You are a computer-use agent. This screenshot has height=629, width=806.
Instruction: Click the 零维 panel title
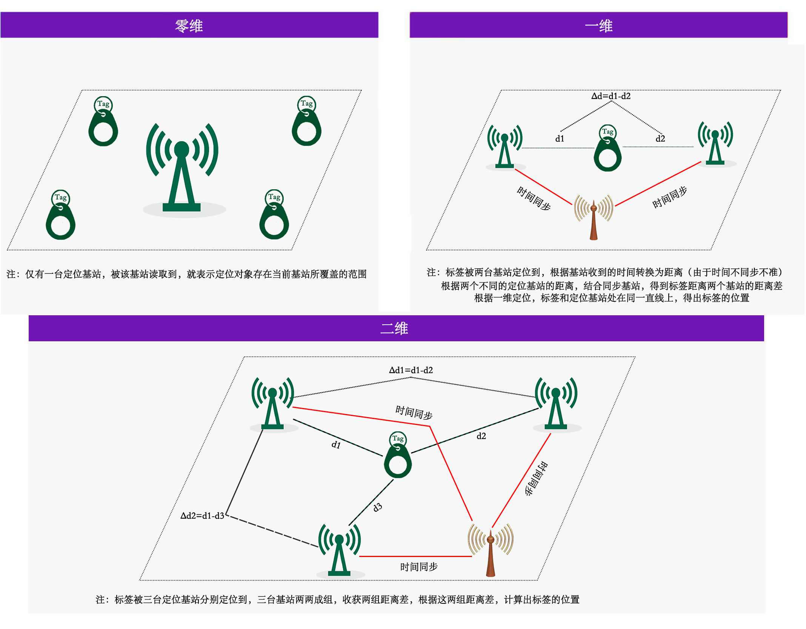(x=189, y=26)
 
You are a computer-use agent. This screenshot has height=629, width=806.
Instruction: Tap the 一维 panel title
(x=598, y=26)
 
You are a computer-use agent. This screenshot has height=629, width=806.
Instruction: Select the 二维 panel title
(x=394, y=328)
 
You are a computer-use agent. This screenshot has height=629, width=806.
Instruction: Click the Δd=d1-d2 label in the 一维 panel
(x=611, y=96)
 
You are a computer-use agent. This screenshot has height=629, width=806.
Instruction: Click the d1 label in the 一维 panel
(x=560, y=139)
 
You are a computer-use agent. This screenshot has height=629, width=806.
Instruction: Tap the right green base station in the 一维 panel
(x=715, y=143)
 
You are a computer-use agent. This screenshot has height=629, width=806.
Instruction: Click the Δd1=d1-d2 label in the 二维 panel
(x=411, y=370)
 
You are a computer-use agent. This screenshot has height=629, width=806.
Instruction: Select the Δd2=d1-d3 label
(x=202, y=515)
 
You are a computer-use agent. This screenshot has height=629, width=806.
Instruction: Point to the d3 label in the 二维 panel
(x=377, y=507)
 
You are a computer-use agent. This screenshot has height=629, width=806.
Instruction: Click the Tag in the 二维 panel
(x=398, y=455)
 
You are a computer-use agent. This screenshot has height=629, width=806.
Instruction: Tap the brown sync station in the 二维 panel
(x=491, y=550)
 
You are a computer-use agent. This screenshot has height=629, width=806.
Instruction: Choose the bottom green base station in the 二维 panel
(x=339, y=550)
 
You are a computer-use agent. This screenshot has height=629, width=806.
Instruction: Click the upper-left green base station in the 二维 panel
(x=272, y=403)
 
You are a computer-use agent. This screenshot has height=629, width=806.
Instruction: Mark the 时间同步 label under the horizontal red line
(x=419, y=567)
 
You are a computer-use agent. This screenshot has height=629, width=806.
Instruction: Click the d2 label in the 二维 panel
(x=481, y=436)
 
